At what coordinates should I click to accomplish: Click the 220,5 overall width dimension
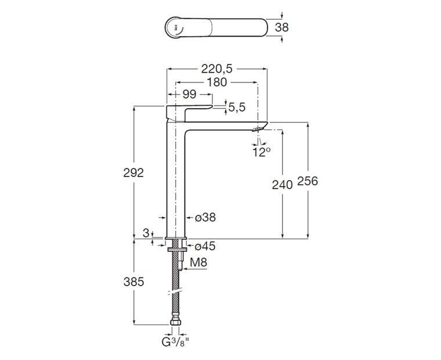tap(217, 69)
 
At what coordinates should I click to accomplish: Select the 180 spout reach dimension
tap(216, 82)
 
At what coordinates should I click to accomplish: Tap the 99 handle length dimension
tap(189, 94)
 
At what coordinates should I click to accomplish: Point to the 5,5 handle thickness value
tap(237, 107)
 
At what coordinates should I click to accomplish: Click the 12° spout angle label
tap(261, 152)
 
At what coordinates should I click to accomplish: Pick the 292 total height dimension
tap(133, 172)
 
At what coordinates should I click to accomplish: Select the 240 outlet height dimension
tap(282, 185)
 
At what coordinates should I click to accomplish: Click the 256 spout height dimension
tap(308, 181)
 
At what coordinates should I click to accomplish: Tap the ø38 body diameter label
tap(205, 217)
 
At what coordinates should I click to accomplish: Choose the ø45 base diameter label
tap(205, 246)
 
